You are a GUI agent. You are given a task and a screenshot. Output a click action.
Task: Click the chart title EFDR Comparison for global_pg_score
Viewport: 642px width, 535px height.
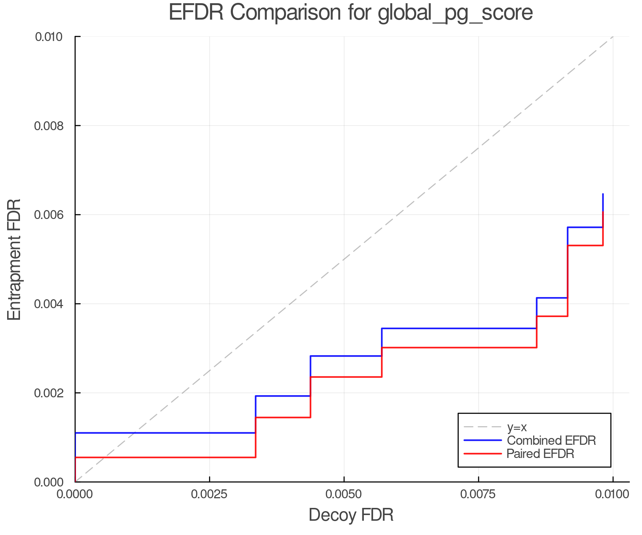pos(351,12)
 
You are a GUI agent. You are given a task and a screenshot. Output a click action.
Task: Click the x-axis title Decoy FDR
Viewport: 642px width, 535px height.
pos(351,515)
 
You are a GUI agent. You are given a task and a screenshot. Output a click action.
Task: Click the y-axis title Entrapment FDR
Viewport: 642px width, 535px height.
pos(14,259)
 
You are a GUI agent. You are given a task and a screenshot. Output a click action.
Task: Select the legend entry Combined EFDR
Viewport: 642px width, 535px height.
pos(551,440)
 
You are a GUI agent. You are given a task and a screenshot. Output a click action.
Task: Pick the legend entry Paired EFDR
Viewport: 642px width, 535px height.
pos(540,454)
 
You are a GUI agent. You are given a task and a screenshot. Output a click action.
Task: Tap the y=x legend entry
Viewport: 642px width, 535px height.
pos(517,427)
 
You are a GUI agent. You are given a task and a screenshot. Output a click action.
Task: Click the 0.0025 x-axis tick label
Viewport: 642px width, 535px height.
pos(209,494)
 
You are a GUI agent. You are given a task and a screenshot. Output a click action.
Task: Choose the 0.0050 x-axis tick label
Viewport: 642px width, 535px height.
pos(344,494)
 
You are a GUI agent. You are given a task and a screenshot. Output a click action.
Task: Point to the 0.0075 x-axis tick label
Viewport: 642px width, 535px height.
pos(478,494)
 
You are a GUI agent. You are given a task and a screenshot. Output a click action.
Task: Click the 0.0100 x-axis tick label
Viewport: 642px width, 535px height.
pos(613,494)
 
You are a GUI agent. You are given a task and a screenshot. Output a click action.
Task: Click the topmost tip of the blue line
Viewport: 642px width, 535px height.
pos(603,194)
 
